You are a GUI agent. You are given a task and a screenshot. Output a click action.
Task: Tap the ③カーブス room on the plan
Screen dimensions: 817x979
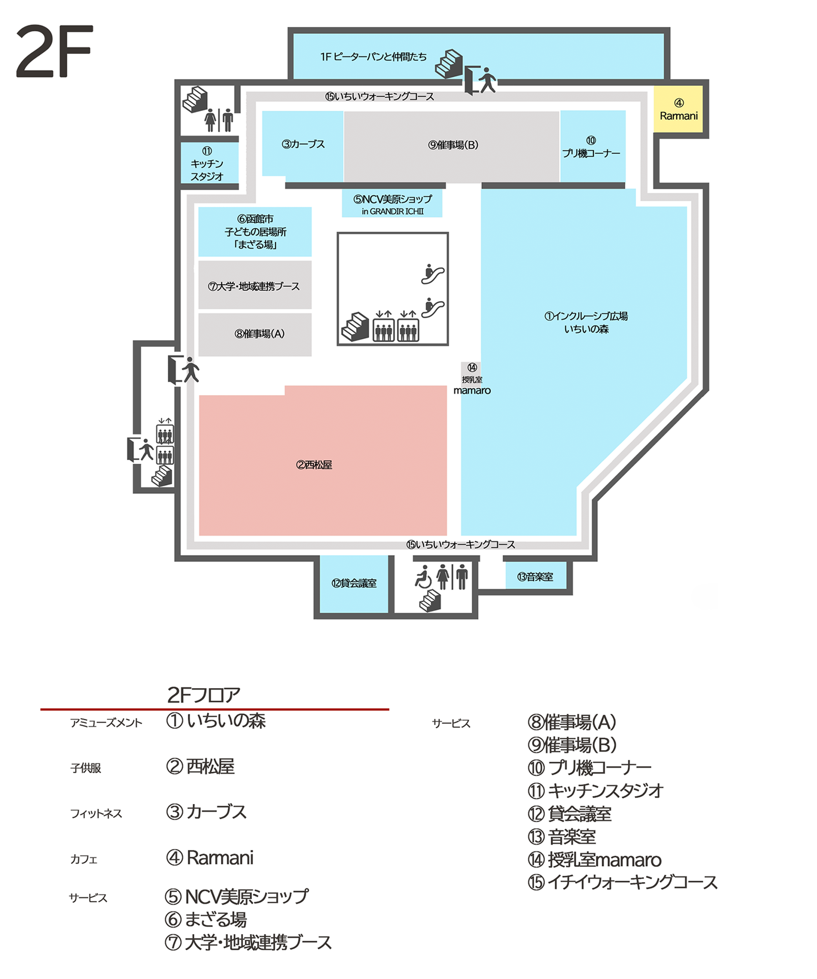pyautogui.click(x=303, y=145)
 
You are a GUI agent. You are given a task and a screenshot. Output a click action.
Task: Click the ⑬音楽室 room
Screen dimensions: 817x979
pyautogui.click(x=536, y=577)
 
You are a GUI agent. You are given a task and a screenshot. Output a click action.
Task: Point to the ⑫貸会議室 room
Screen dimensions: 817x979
pyautogui.click(x=354, y=584)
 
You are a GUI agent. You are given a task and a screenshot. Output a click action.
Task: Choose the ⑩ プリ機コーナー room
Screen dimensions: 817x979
pyautogui.click(x=592, y=146)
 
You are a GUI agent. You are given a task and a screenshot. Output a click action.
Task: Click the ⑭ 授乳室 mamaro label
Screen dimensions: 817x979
pyautogui.click(x=472, y=379)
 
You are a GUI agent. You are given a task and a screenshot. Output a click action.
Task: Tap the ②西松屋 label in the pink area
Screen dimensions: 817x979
pyautogui.click(x=314, y=465)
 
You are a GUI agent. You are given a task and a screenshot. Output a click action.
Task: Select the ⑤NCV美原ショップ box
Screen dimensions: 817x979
pyautogui.click(x=392, y=204)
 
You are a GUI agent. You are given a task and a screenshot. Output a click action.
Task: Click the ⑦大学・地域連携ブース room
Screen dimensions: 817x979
pyautogui.click(x=255, y=285)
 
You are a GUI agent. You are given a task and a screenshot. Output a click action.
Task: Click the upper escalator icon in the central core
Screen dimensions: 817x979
pyautogui.click(x=433, y=274)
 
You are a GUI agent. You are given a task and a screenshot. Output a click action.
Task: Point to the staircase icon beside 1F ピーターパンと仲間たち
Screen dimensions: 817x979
pyautogui.click(x=449, y=63)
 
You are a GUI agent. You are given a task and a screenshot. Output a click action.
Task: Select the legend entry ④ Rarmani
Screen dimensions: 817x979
pyautogui.click(x=210, y=858)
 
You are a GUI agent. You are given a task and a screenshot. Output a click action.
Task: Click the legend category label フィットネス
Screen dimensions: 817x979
pyautogui.click(x=96, y=814)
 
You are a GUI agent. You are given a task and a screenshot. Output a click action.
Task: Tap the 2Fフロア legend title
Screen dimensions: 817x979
pyautogui.click(x=204, y=695)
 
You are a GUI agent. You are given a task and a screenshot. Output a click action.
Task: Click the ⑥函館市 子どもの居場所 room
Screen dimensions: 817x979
pyautogui.click(x=255, y=232)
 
